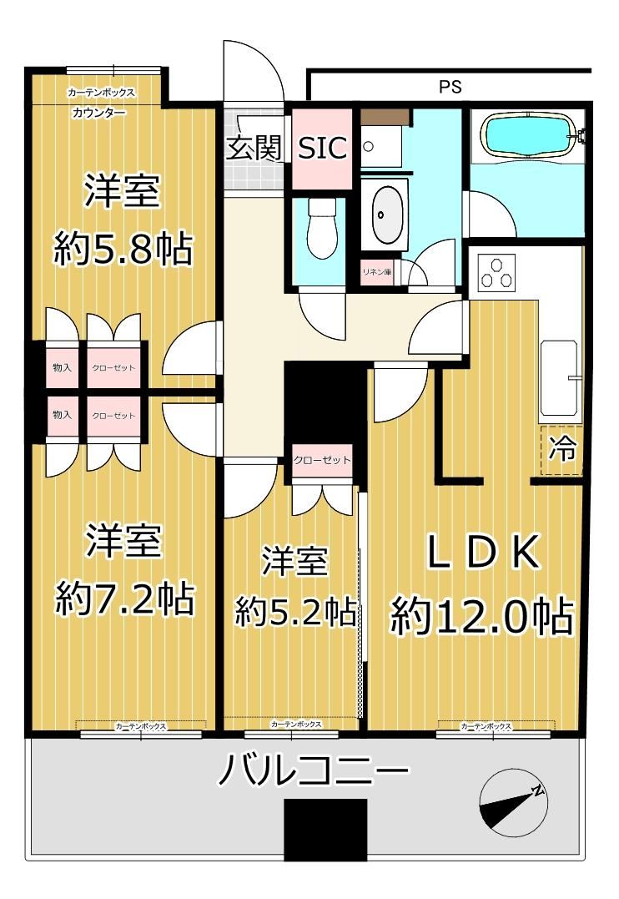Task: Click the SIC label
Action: click(323, 148)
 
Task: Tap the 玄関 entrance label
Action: click(254, 148)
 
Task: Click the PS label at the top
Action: click(450, 87)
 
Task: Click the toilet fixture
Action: click(320, 230)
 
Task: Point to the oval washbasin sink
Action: click(387, 215)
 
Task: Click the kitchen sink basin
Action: click(558, 378)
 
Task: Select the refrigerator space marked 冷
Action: click(561, 450)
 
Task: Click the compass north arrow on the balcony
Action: click(514, 806)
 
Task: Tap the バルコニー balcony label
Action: click(314, 770)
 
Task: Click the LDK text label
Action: click(482, 552)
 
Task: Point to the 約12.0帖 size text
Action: click(481, 615)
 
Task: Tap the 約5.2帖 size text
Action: click(294, 612)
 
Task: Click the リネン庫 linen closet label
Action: click(376, 272)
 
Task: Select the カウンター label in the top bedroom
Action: click(98, 113)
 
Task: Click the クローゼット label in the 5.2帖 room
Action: click(321, 460)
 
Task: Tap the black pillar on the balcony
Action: click(325, 830)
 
